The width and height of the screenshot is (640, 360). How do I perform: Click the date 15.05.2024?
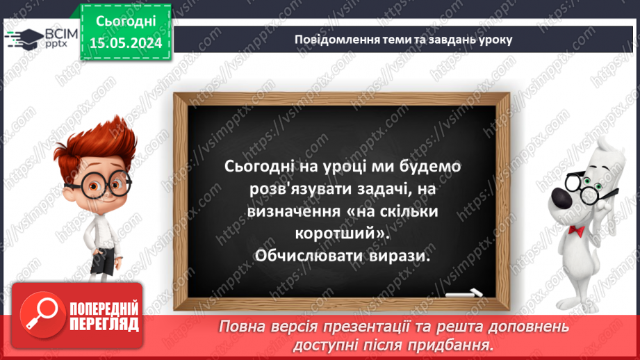125,43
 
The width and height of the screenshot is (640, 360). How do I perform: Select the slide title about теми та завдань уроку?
403,39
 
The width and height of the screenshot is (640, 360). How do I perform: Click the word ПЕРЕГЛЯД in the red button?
104,324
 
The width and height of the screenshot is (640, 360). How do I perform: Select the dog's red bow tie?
574,229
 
